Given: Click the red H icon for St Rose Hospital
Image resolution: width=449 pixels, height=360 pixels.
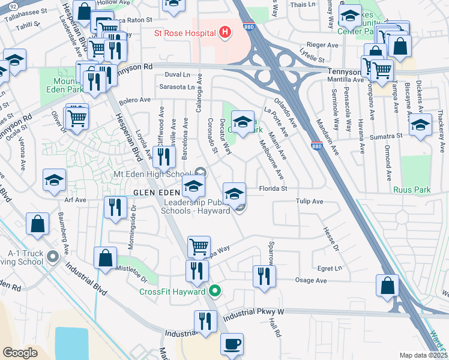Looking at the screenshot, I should [x=225, y=31].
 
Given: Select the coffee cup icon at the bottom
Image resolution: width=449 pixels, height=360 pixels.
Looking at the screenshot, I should [x=231, y=344].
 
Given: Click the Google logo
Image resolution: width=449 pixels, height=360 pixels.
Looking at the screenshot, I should [x=20, y=353].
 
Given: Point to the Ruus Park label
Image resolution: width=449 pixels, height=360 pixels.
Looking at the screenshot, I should [x=412, y=190].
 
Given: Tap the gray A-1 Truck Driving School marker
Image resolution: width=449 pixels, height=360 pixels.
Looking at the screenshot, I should [x=52, y=257].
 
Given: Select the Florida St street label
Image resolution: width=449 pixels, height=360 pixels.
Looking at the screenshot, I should [x=273, y=188].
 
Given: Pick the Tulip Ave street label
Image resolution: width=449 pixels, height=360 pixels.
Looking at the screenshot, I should [x=309, y=202].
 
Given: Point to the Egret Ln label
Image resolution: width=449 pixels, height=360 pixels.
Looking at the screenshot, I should [x=330, y=268].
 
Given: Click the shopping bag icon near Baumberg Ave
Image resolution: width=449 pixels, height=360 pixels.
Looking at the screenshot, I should [x=37, y=224].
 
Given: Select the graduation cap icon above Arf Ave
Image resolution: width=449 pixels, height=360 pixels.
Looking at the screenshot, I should [x=54, y=179].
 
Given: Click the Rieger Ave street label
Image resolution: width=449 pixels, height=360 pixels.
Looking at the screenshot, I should [x=323, y=45].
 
